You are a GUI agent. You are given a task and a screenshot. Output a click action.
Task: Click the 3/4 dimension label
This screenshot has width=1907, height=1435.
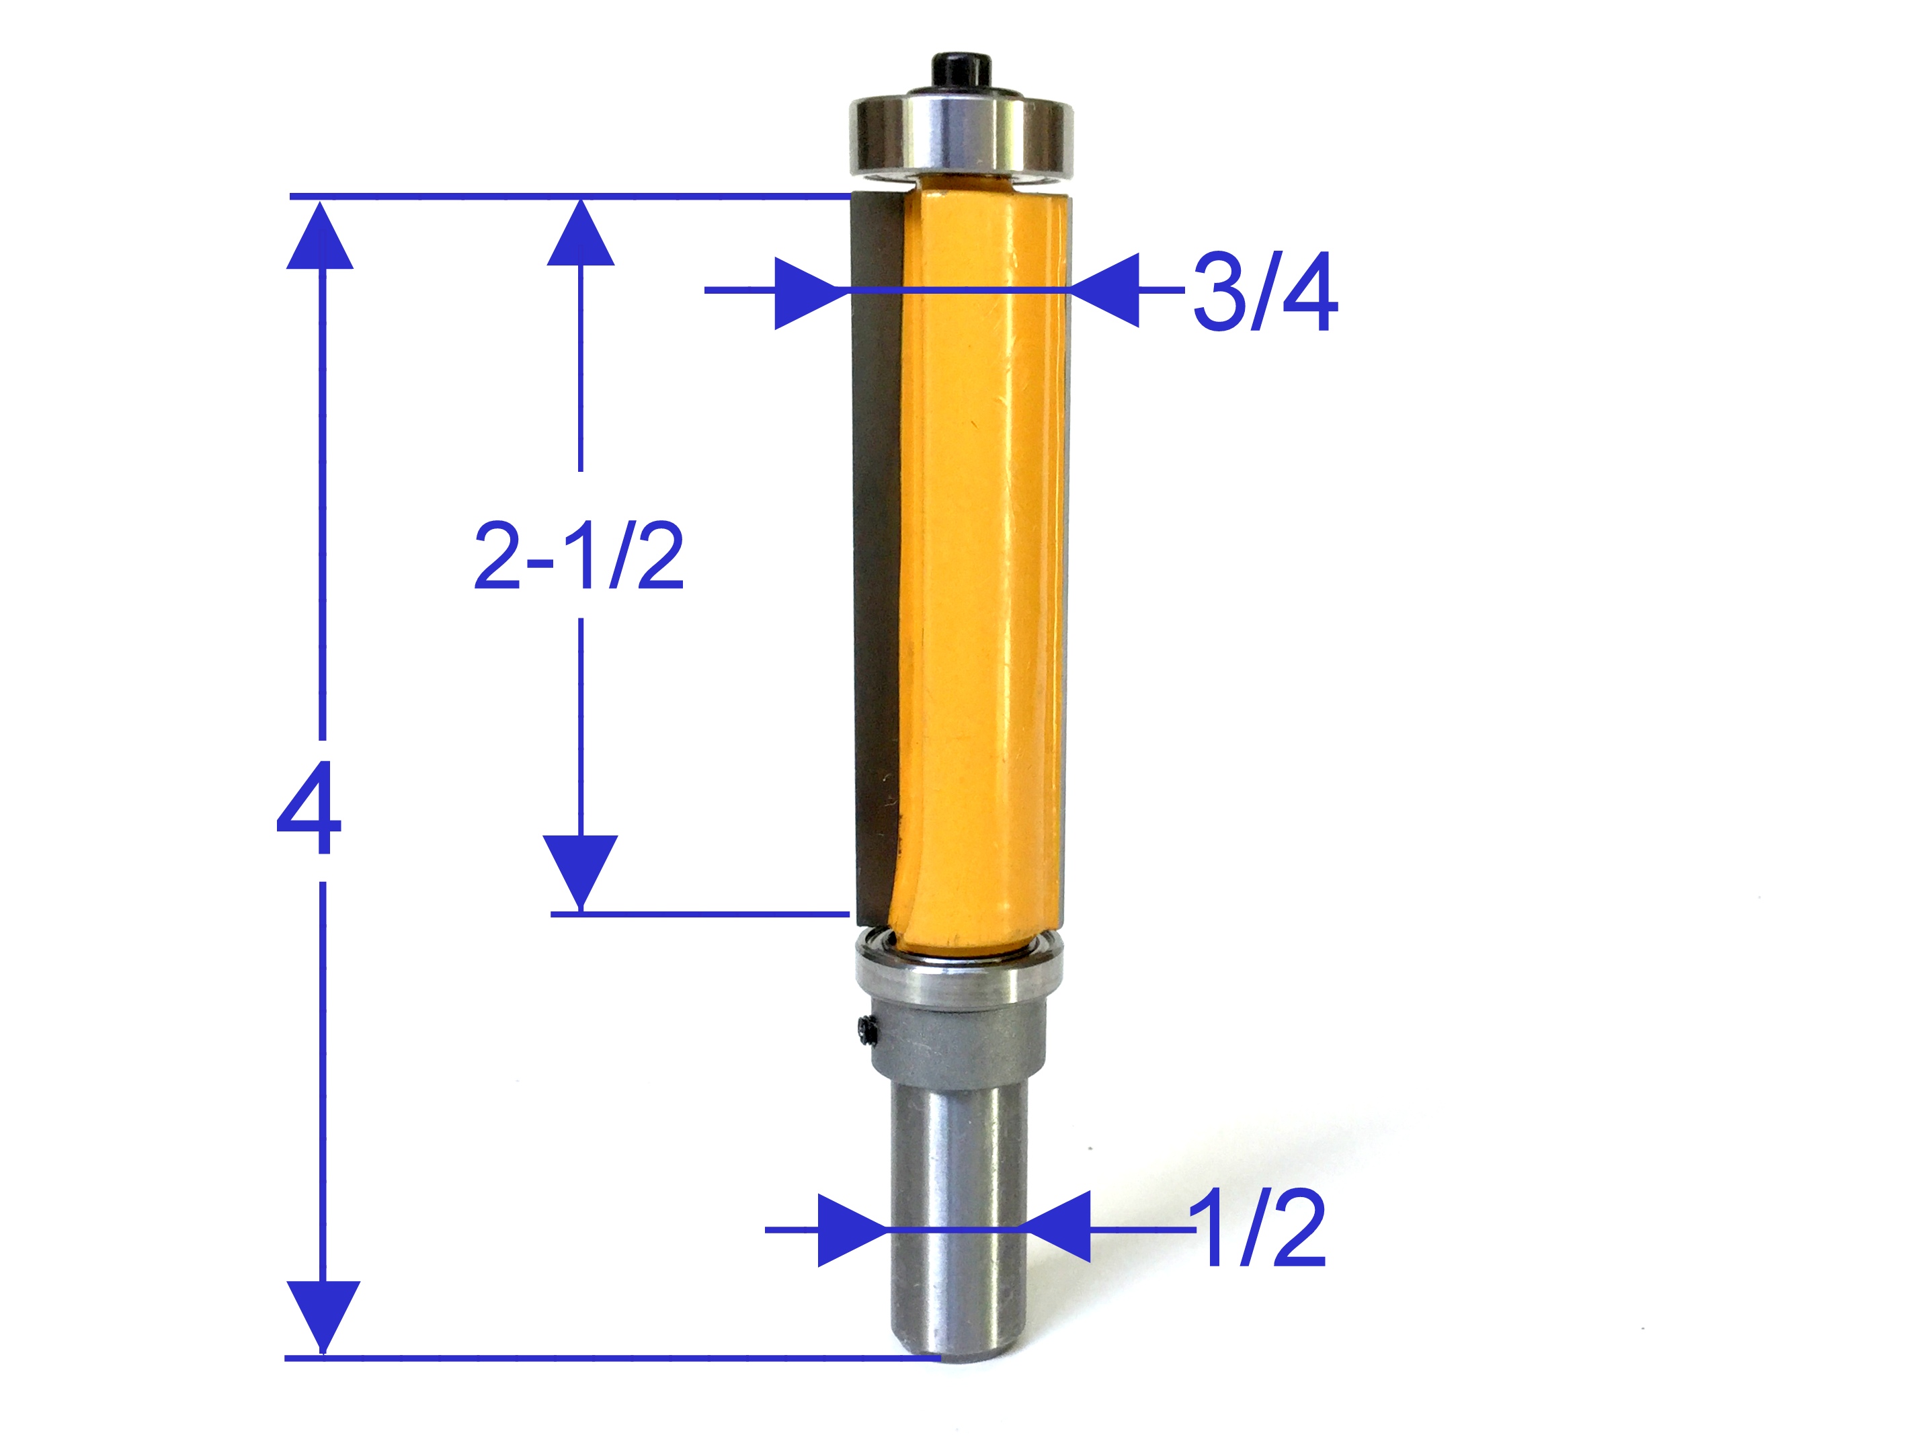pos(1264,293)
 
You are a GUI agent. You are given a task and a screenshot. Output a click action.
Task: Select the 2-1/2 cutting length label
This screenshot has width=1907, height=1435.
pos(579,557)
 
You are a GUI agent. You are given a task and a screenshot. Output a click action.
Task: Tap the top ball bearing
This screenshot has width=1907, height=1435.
pos(961,138)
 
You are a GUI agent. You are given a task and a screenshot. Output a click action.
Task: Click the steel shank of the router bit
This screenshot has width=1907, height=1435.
pos(957,1224)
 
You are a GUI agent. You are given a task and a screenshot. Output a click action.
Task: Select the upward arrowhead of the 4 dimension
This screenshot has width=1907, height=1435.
pos(321,237)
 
